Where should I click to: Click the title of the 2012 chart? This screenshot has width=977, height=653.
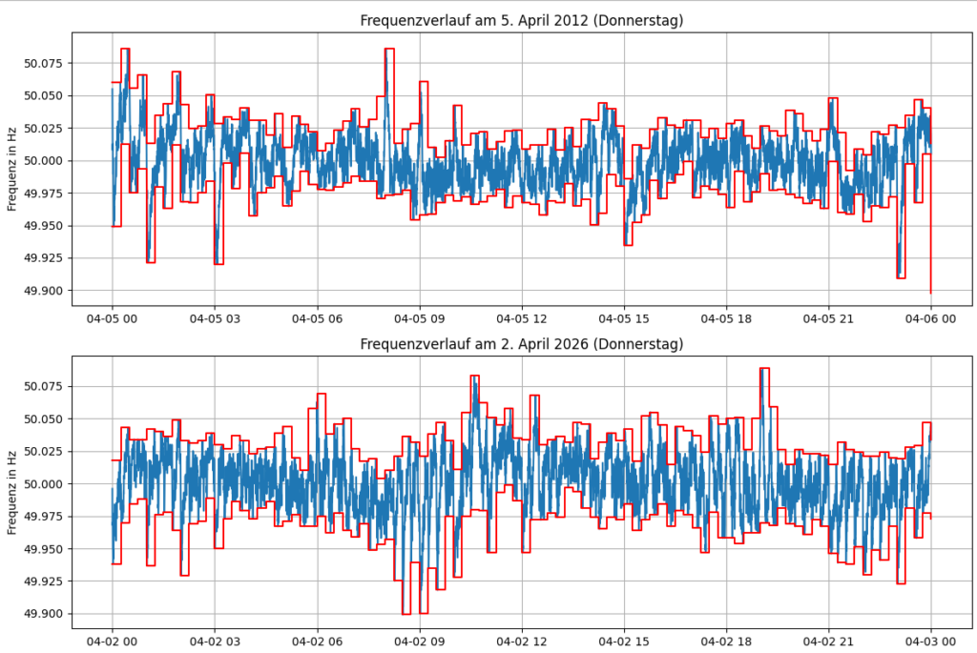[x=522, y=20]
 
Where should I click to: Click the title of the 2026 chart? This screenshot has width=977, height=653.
[x=522, y=343]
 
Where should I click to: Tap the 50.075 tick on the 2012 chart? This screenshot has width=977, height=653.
[x=44, y=64]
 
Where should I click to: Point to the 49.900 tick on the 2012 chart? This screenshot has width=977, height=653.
[x=44, y=291]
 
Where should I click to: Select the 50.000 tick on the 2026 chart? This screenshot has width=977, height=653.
[x=44, y=484]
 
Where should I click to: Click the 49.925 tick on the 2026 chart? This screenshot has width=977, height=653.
[x=44, y=582]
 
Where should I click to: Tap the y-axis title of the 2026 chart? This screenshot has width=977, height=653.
[x=12, y=492]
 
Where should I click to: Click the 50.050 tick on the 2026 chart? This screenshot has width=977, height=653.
[x=44, y=419]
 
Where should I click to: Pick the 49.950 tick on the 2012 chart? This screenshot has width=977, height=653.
[x=44, y=226]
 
